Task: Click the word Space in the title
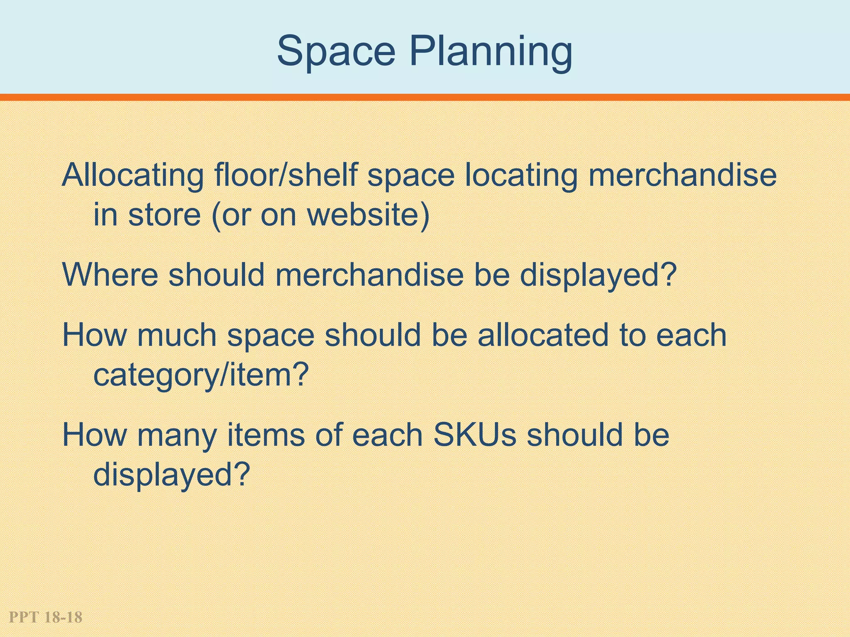(x=336, y=51)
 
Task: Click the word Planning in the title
(x=491, y=52)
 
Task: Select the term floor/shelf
(x=286, y=175)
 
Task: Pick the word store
(x=164, y=215)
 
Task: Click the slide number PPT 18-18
(x=46, y=617)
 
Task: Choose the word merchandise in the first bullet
(x=682, y=175)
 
